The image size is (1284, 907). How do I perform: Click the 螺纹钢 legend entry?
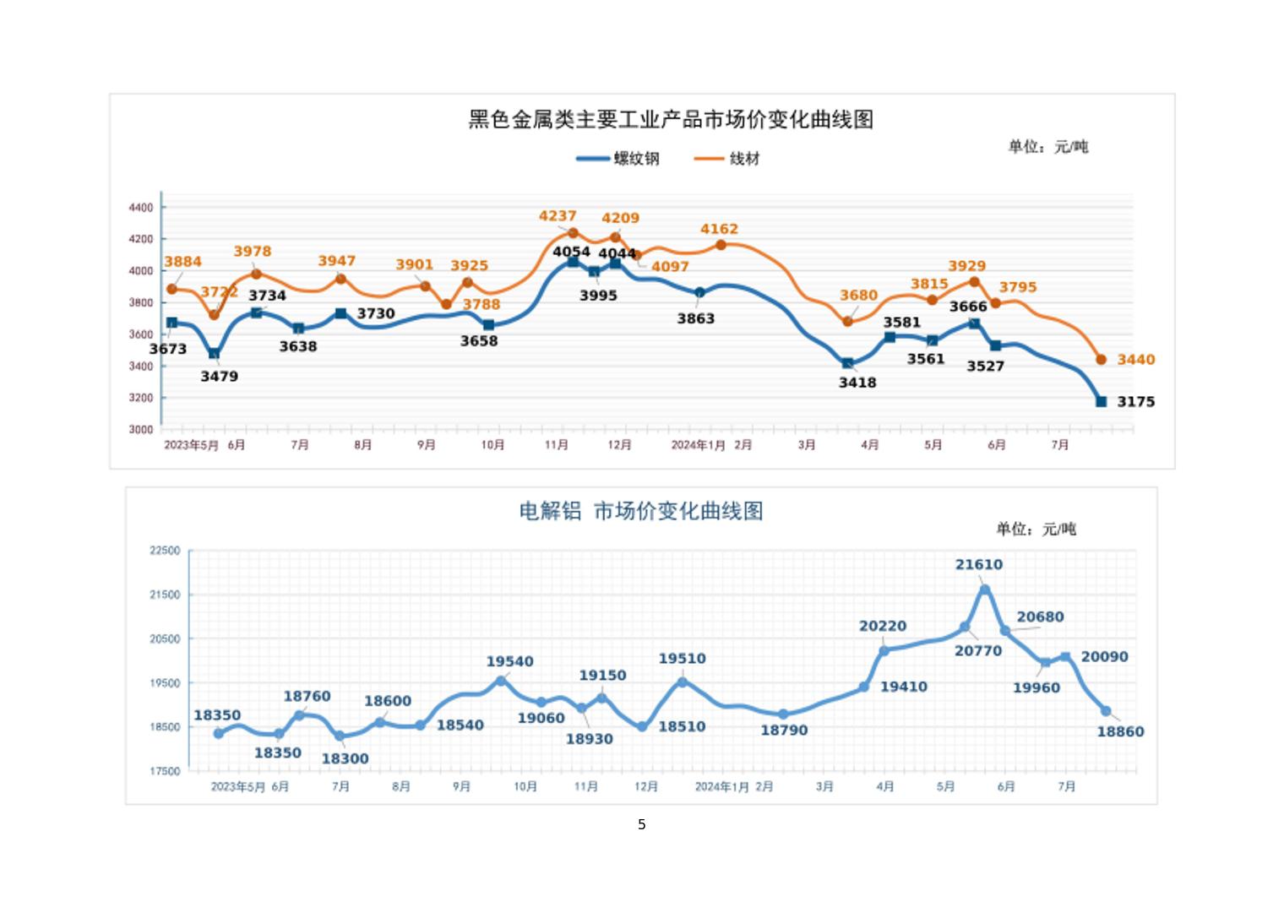pos(618,158)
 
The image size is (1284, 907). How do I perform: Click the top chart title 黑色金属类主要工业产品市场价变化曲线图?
pos(671,119)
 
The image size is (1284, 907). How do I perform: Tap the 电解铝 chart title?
pos(640,511)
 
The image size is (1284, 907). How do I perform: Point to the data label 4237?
pos(558,216)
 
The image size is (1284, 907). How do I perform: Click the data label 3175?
pos(1135,402)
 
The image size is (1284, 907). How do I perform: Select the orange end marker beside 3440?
pos(1101,360)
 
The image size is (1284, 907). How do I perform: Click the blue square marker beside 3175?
pos(1101,402)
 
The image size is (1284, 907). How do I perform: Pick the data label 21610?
pos(979,565)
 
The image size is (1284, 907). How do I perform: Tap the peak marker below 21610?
pos(985,589)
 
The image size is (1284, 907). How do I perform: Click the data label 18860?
pos(1120,732)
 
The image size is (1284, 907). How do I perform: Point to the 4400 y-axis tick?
pos(141,208)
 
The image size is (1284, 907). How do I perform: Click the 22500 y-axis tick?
pos(165,551)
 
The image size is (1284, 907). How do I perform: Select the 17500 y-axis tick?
pos(165,771)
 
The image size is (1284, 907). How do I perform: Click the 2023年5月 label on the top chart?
pos(191,445)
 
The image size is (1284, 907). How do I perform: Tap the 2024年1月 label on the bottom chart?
pos(721,786)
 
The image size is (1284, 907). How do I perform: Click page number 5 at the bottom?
pos(642,824)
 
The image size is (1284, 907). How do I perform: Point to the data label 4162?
pos(719,229)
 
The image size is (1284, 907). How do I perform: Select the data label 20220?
pos(883,627)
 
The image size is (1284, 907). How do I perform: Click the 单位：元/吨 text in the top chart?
pos(1047,147)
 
